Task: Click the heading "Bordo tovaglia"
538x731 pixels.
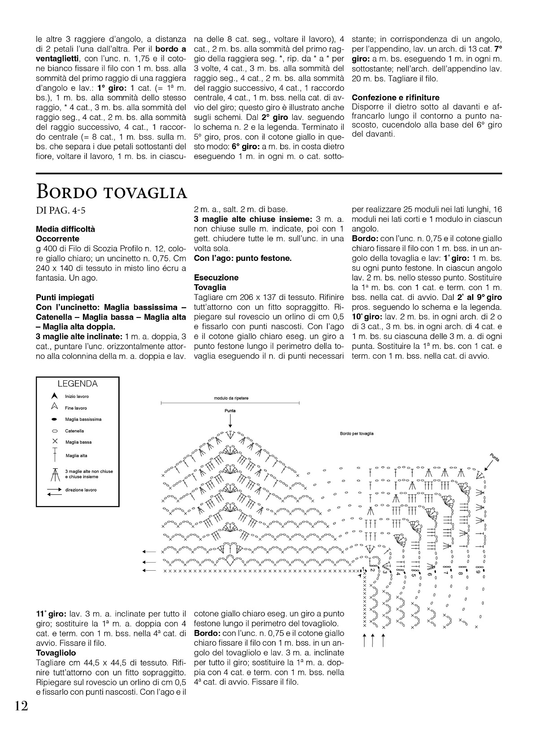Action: [111, 192]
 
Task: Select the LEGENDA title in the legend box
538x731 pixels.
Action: [78, 384]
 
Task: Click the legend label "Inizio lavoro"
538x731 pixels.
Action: [77, 396]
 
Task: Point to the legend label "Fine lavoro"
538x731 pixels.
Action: [76, 408]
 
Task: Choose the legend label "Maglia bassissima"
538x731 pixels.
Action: [83, 419]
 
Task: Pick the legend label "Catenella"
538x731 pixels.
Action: [74, 431]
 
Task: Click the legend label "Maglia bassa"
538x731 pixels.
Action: [78, 442]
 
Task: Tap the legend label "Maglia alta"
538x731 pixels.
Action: [76, 456]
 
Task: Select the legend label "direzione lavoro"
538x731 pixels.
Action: [81, 490]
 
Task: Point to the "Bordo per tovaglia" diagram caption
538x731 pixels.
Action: [356, 434]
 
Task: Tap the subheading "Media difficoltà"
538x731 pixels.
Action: [65, 229]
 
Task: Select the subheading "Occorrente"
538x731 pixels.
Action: [57, 239]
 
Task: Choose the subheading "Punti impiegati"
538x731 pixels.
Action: [65, 297]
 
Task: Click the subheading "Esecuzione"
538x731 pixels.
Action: [216, 277]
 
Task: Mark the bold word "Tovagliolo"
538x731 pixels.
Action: [56, 653]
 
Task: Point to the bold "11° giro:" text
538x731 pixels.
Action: [51, 614]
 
